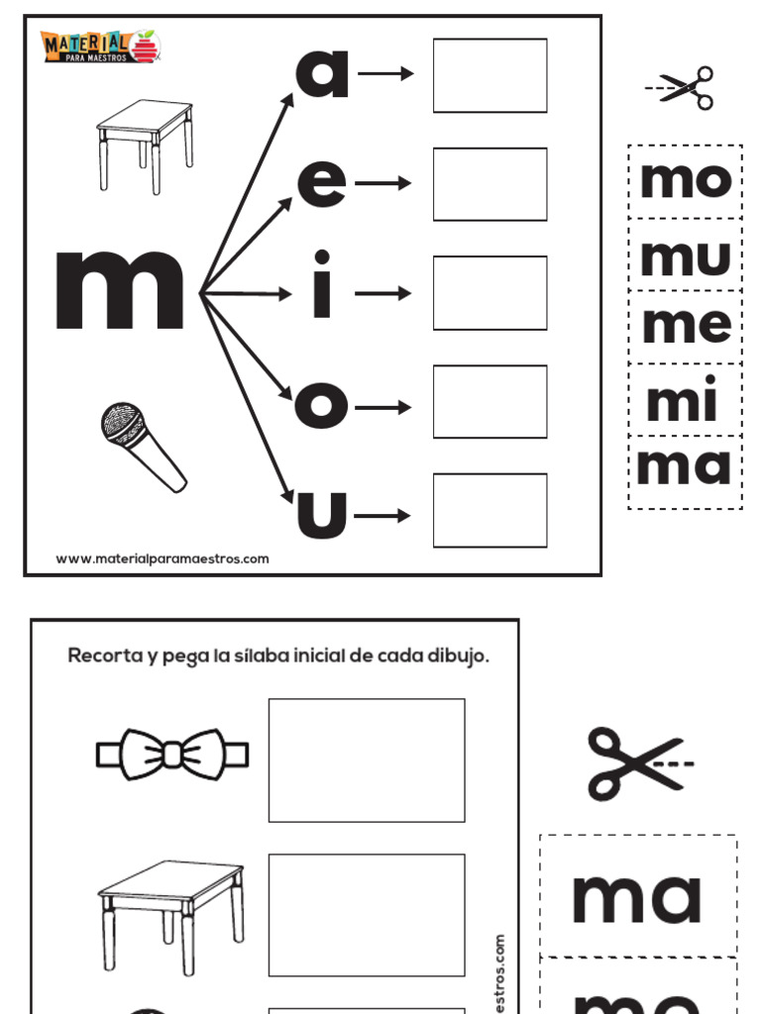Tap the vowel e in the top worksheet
tap(322, 183)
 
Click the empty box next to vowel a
tap(489, 75)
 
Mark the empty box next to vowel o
tap(489, 401)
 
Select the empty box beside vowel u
tap(489, 510)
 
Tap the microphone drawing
tap(142, 446)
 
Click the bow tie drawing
tap(172, 756)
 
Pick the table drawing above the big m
tap(145, 144)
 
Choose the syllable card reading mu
tap(686, 255)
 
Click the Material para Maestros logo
tap(100, 46)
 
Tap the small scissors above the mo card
tap(682, 87)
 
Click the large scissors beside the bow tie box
tap(637, 762)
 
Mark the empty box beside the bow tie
tap(367, 760)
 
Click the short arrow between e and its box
tap(382, 183)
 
